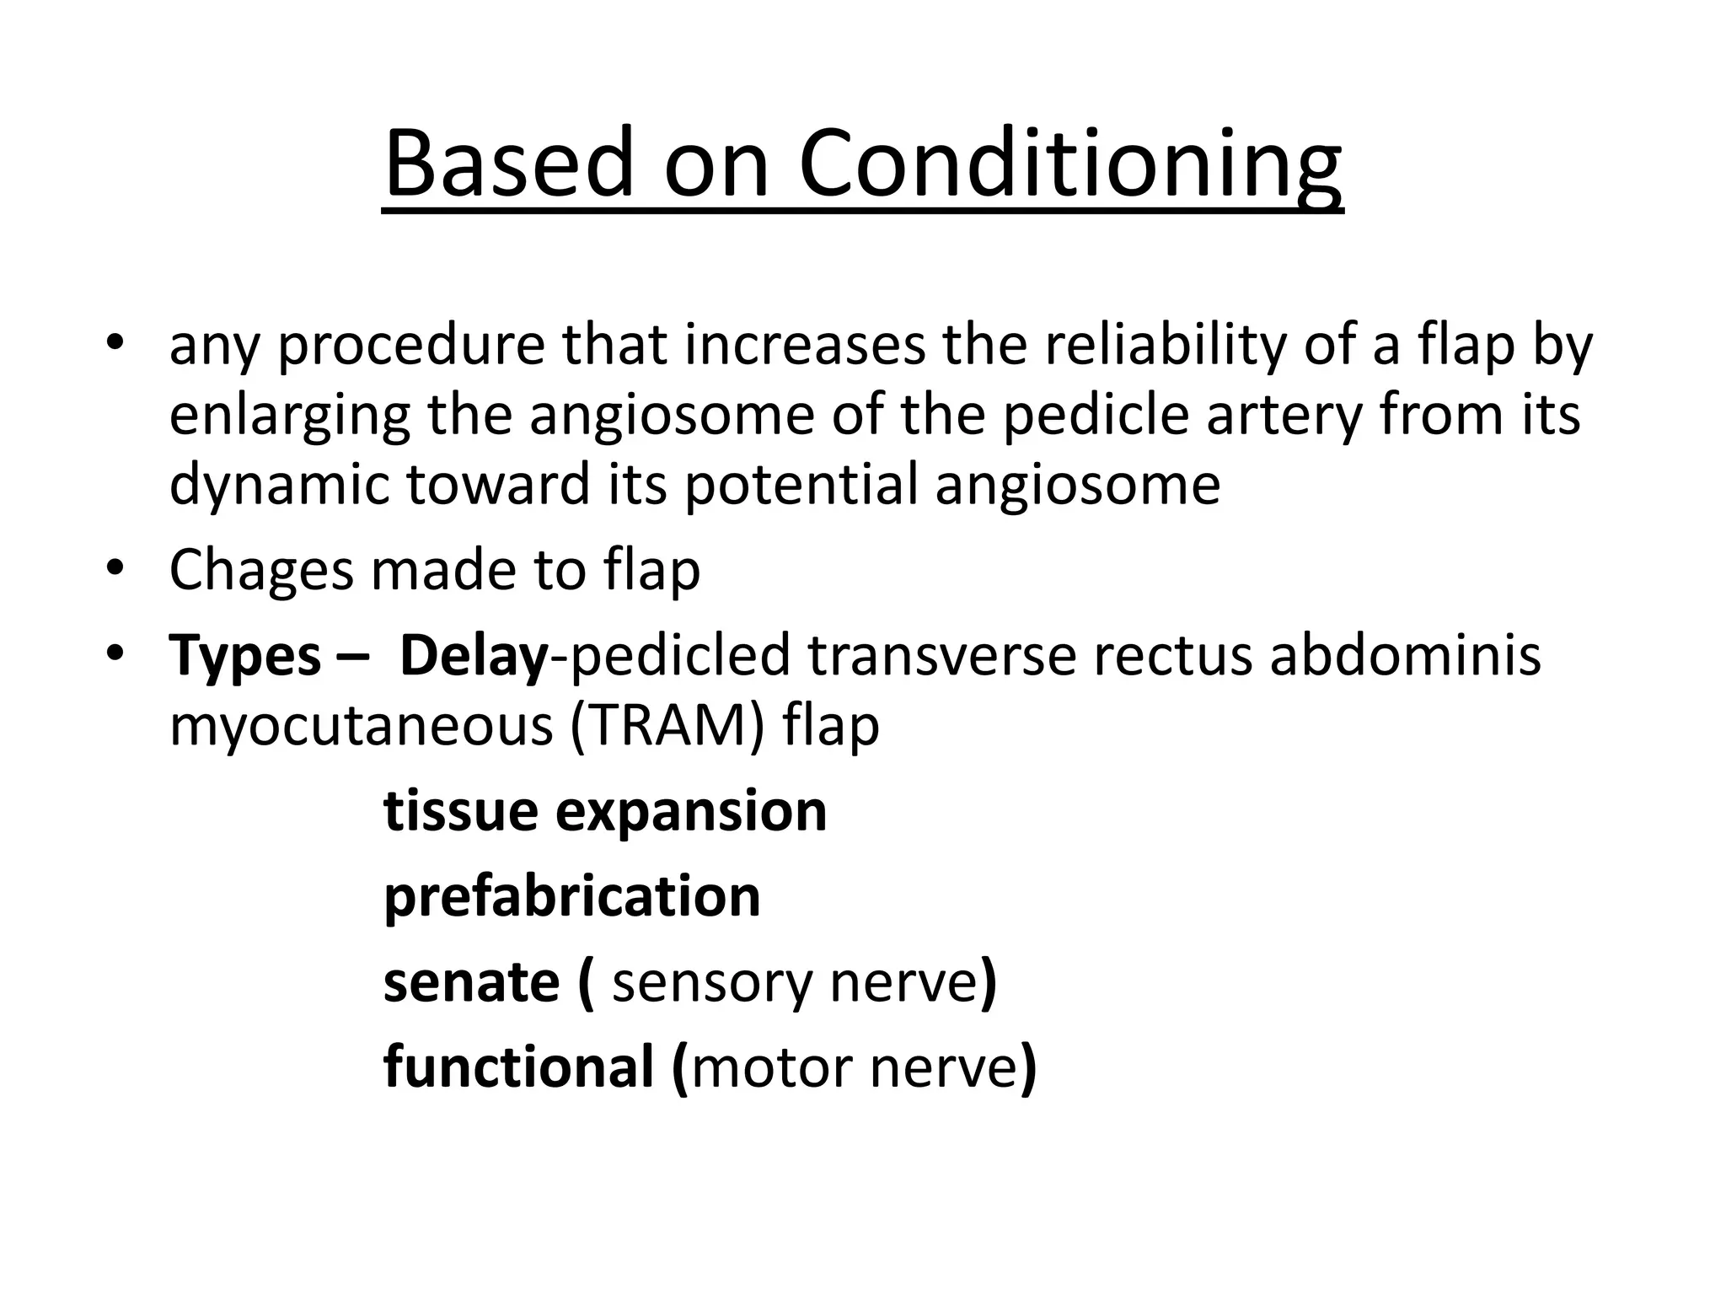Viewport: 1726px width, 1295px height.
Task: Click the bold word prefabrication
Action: click(572, 896)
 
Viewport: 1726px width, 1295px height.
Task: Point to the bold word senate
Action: click(471, 982)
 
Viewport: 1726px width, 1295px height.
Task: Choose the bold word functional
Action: click(518, 1067)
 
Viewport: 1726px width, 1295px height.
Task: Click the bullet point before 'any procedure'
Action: click(115, 343)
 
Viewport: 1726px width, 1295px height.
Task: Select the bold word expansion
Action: click(691, 811)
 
